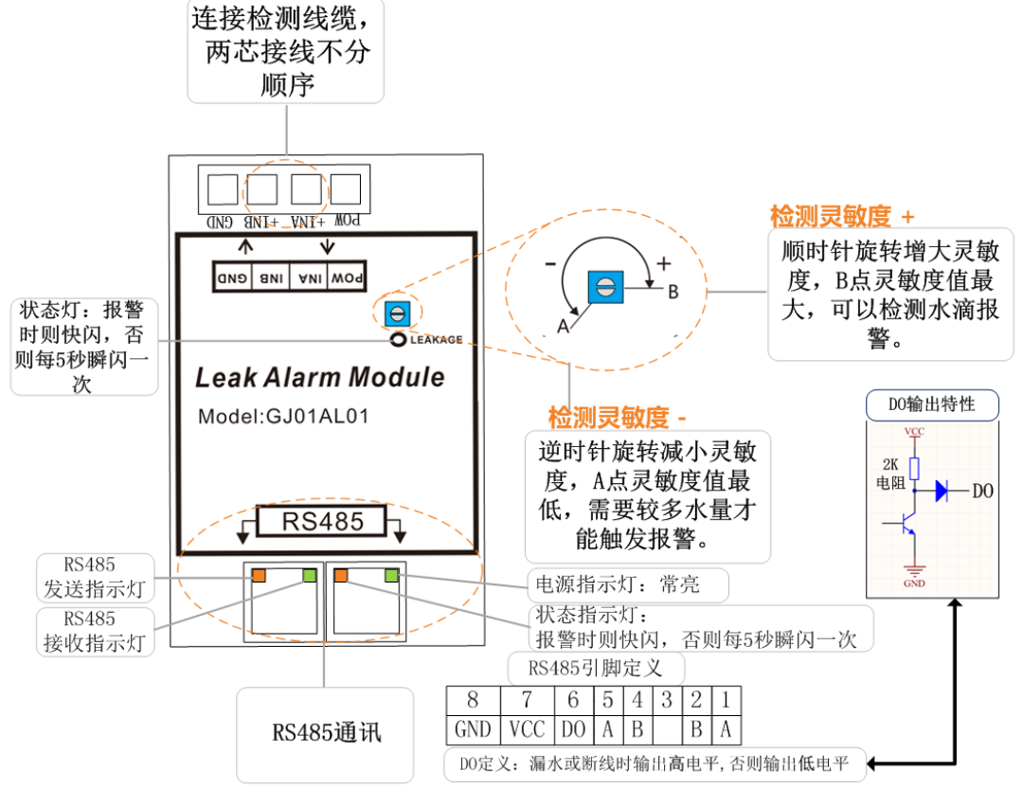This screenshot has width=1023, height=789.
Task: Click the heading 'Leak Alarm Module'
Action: point(319,377)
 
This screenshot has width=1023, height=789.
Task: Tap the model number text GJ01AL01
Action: point(283,417)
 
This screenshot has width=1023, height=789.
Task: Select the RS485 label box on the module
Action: point(322,520)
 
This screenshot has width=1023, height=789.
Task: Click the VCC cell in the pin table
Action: point(526,728)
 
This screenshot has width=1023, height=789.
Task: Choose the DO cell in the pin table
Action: point(573,728)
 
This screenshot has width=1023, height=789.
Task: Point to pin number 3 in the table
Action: point(668,701)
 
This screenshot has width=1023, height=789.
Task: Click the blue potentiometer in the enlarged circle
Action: point(604,288)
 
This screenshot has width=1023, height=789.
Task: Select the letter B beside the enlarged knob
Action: point(673,291)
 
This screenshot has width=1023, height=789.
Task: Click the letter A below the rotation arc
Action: point(562,327)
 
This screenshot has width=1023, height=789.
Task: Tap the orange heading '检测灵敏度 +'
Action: point(842,216)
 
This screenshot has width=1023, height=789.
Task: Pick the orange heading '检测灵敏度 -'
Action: point(618,416)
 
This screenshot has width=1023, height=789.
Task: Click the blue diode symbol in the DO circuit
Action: point(941,491)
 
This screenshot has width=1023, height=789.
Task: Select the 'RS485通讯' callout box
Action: point(327,732)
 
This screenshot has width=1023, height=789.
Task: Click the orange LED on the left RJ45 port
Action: point(258,574)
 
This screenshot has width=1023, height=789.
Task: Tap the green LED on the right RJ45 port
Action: point(390,574)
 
